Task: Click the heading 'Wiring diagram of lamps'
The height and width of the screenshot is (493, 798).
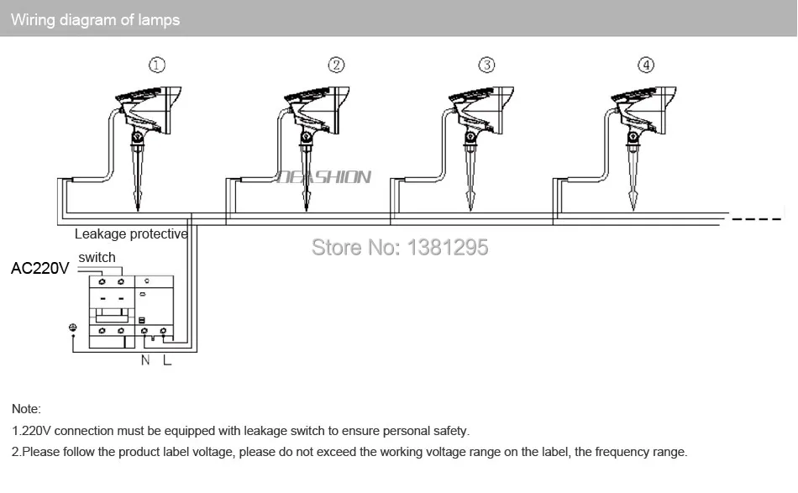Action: (x=95, y=19)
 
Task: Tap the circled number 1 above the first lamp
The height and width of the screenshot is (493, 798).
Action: (x=157, y=65)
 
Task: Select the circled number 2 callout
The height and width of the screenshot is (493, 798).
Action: (x=336, y=65)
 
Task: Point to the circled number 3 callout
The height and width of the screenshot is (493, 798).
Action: (x=486, y=65)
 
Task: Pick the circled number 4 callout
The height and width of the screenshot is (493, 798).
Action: (x=645, y=65)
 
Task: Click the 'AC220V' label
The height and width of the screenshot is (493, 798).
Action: (x=39, y=270)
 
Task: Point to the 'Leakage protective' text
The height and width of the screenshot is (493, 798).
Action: (x=131, y=234)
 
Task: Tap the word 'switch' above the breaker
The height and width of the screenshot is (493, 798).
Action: (x=97, y=257)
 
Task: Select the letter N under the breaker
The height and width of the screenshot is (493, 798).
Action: (x=145, y=360)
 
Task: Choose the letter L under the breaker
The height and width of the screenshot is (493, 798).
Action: (x=167, y=360)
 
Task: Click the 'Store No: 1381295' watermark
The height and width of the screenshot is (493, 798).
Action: (x=399, y=247)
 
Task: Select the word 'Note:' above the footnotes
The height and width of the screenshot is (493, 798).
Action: (x=26, y=409)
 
